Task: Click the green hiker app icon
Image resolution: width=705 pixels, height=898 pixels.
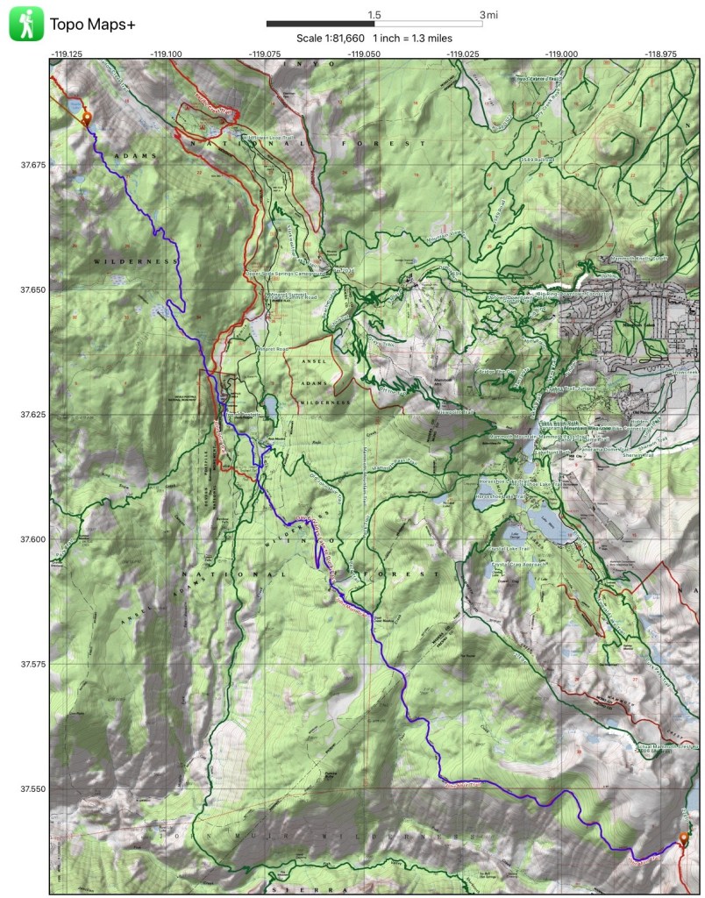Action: [x=26, y=25]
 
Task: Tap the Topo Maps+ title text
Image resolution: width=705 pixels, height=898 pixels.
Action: [x=93, y=25]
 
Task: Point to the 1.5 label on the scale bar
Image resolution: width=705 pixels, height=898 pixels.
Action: [x=374, y=15]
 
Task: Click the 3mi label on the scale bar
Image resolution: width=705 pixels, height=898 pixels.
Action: [x=488, y=15]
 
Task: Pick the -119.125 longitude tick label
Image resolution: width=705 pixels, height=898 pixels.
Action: [x=67, y=53]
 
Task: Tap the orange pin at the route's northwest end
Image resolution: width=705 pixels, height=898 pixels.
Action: [x=86, y=119]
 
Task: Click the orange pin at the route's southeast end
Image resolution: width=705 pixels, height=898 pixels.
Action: [x=684, y=840]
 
